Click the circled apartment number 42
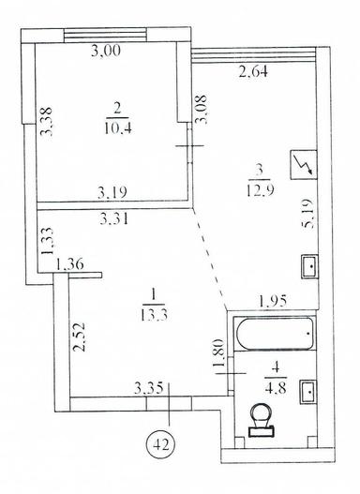click(x=160, y=444)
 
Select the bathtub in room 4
click(x=274, y=334)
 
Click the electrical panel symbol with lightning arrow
click(x=303, y=165)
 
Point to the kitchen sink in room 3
click(x=310, y=266)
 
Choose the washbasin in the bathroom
click(x=308, y=392)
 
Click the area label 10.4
click(x=118, y=128)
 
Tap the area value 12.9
click(x=260, y=190)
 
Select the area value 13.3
click(x=154, y=314)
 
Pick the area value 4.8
click(x=276, y=388)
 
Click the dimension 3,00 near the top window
click(x=106, y=51)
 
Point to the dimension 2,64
click(x=253, y=71)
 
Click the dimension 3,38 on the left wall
click(x=46, y=121)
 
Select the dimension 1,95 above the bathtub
click(x=273, y=301)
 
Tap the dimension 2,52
click(x=79, y=337)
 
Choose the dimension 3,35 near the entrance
click(x=149, y=387)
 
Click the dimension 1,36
click(x=69, y=264)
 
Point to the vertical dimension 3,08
click(x=201, y=109)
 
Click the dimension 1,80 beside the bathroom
click(x=218, y=352)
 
